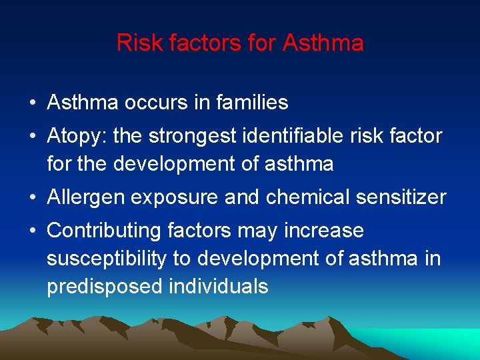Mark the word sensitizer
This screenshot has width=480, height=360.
click(401, 198)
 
